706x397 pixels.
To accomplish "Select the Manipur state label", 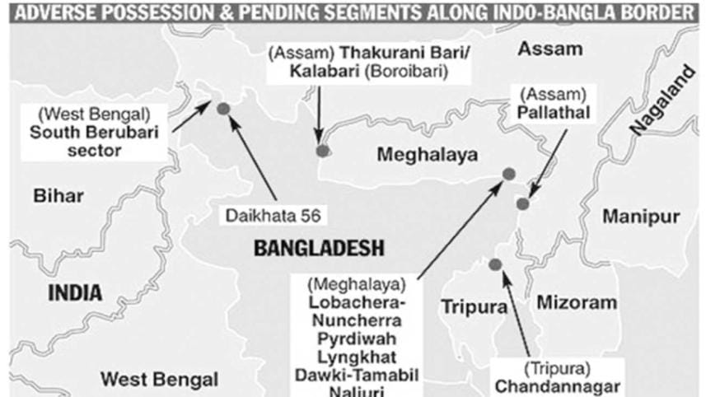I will [x=641, y=217].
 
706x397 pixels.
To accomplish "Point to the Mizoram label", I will [x=577, y=302].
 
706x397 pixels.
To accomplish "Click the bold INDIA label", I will [x=75, y=292].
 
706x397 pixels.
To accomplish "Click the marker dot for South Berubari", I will [x=222, y=108].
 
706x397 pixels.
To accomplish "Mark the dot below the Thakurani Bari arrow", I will [x=323, y=150].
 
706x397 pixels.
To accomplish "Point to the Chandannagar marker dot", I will [x=495, y=264].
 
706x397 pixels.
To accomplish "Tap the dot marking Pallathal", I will [x=522, y=203].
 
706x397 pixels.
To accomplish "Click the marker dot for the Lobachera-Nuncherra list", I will [x=509, y=173].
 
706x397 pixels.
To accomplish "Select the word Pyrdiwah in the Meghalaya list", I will [x=357, y=339].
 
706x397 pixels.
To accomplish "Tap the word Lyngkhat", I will [x=357, y=357].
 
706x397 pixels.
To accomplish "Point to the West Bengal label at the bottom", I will [x=160, y=379].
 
